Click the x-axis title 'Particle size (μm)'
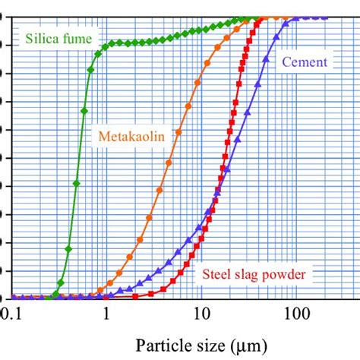tap(200, 346)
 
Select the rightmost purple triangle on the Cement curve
tap(324, 16)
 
